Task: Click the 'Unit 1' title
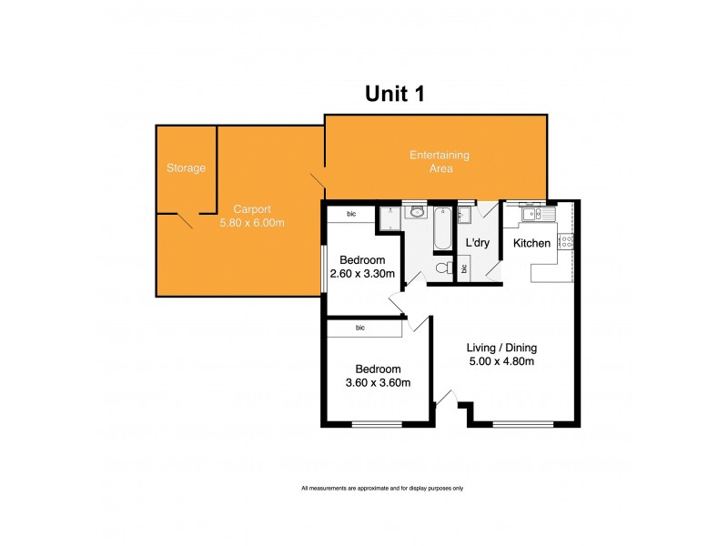pos(396,93)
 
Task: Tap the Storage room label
pos(186,168)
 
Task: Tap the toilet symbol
pos(443,268)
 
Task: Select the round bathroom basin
pos(416,213)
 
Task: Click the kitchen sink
pos(536,214)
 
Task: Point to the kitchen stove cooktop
pos(565,242)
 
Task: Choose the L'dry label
pos(479,244)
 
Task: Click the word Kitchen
pos(531,243)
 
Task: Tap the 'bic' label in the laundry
pos(464,269)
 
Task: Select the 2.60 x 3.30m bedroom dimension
pos(361,273)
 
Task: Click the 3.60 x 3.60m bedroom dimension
pos(378,382)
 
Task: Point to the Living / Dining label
pos(501,347)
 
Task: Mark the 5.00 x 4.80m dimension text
pos(501,361)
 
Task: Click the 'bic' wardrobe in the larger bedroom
pos(360,327)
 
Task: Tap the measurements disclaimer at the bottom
pos(382,489)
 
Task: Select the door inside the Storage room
pos(185,219)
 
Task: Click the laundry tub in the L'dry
pos(464,215)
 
